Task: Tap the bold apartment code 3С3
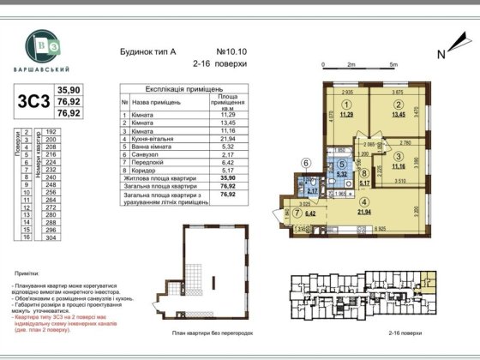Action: [27, 99]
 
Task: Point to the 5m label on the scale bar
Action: [392, 64]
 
